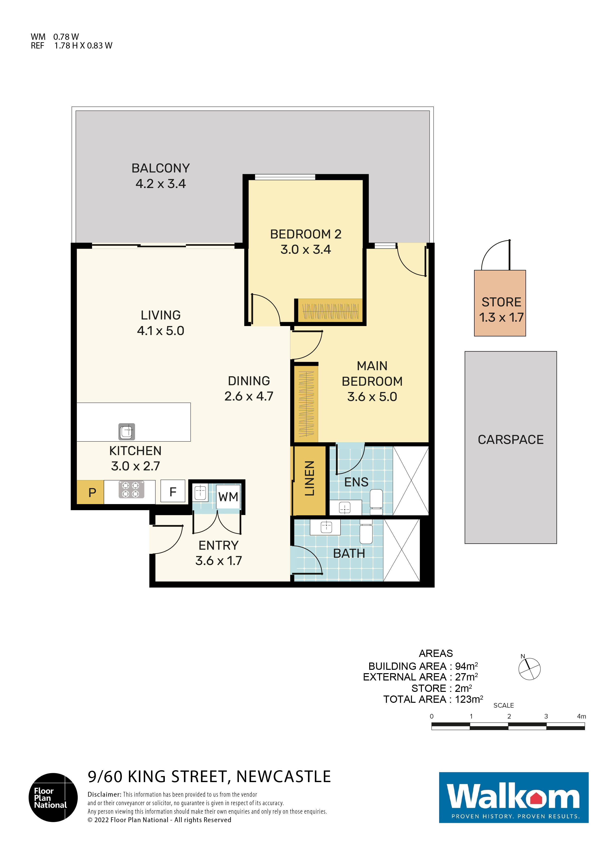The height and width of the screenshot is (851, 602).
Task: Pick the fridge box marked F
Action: coord(173,492)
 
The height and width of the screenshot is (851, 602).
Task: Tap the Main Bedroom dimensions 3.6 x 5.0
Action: coord(372,397)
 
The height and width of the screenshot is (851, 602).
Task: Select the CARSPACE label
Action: coord(510,440)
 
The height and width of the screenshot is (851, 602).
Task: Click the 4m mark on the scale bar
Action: coord(581,716)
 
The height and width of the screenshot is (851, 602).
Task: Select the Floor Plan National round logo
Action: coord(53,797)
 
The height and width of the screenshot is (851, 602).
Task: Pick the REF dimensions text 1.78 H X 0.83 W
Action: coord(83,46)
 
